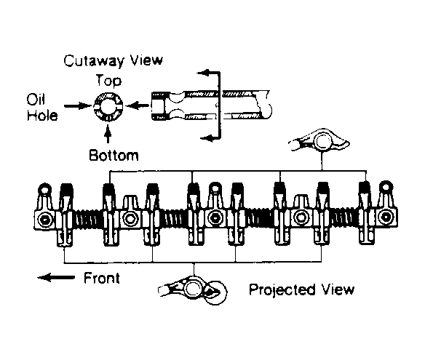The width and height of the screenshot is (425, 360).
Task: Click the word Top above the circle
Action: [108, 81]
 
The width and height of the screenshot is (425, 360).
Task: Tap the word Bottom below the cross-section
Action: [114, 156]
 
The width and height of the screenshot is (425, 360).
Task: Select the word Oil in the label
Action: [36, 100]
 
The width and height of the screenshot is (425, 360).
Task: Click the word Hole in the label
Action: [42, 116]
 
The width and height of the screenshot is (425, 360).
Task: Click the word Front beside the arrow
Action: [102, 279]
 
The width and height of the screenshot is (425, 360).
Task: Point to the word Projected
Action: [282, 289]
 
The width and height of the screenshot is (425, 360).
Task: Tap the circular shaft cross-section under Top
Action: [108, 106]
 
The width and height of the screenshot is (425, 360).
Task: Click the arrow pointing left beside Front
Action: [56, 278]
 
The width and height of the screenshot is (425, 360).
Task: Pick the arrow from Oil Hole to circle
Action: [78, 105]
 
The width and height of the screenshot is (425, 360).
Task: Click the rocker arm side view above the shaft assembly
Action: [319, 140]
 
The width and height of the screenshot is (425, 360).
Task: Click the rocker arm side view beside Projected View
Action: [193, 289]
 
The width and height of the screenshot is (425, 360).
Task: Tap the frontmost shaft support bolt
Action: [44, 220]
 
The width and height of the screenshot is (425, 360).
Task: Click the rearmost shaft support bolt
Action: [386, 217]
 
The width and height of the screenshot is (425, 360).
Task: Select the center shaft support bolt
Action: [215, 217]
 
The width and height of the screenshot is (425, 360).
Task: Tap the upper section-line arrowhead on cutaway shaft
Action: [203, 73]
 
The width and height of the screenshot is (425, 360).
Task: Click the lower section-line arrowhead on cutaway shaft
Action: [206, 138]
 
